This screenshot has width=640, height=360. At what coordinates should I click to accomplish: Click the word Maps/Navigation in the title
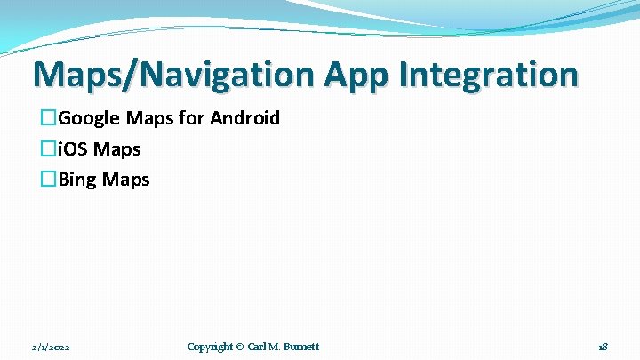pyautogui.click(x=173, y=75)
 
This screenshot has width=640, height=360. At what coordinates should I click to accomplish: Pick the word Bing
pyautogui.click(x=78, y=180)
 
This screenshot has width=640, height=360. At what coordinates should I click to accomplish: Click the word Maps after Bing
pyautogui.click(x=125, y=180)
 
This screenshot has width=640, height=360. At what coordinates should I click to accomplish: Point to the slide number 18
pyautogui.click(x=603, y=347)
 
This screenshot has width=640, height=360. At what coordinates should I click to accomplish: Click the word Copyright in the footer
pyautogui.click(x=210, y=347)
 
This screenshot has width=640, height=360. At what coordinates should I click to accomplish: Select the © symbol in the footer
pyautogui.click(x=240, y=347)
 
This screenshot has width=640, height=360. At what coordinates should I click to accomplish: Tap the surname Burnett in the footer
pyautogui.click(x=300, y=347)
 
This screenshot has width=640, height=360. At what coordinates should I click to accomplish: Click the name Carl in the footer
pyautogui.click(x=256, y=347)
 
